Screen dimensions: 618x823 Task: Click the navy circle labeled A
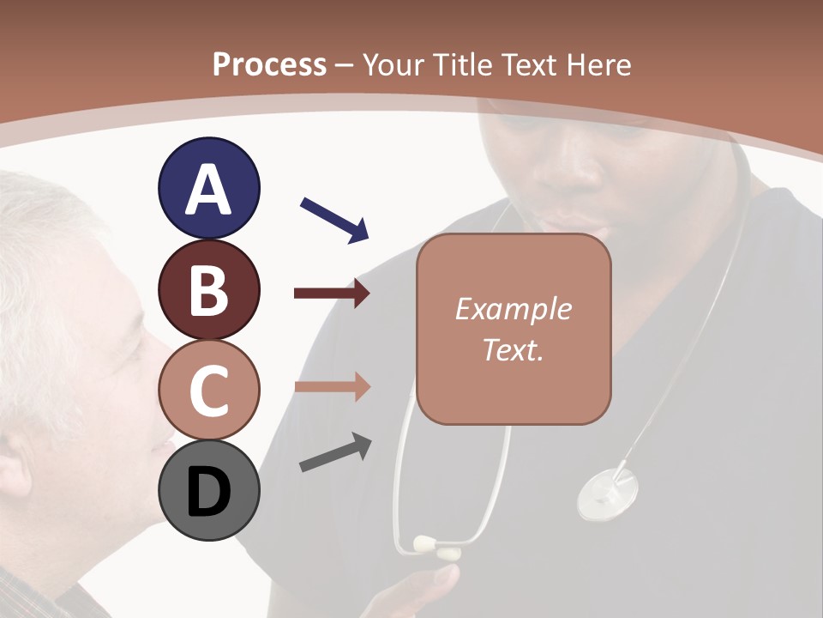tap(208, 189)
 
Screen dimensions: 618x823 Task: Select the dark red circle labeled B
tap(208, 290)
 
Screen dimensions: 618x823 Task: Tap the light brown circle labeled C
tap(208, 391)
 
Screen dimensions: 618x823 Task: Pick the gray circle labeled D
tap(208, 491)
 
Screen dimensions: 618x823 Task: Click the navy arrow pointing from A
tap(334, 220)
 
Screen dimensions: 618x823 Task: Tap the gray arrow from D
tap(335, 453)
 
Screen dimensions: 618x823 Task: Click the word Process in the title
tap(269, 64)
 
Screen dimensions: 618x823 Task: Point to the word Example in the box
tap(513, 309)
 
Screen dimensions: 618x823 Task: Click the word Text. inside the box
tap(513, 349)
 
